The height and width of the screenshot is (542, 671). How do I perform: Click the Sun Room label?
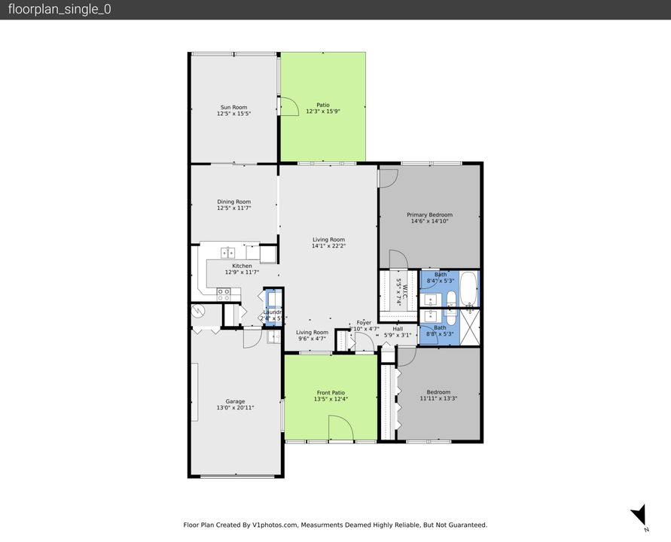coord(233,107)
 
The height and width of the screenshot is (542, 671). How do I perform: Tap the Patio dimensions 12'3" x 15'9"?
coord(323,111)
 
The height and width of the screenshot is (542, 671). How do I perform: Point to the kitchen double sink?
coord(228,253)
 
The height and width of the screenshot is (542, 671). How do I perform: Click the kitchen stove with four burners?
coord(224,294)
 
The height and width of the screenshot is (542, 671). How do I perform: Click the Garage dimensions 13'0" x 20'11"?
coord(234,407)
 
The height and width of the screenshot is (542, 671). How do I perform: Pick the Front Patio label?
coord(331,392)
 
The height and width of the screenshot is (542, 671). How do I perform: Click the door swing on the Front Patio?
coord(341,429)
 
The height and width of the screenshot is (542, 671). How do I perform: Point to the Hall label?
coord(398,328)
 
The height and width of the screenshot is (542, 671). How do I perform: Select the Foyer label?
coord(364,322)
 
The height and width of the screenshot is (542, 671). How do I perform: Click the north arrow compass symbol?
coord(639,515)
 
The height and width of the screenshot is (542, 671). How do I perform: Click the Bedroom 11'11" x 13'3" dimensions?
coord(438,398)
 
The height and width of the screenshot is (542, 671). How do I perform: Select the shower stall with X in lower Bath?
coord(471,327)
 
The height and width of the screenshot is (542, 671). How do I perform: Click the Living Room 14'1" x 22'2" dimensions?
coord(328,246)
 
